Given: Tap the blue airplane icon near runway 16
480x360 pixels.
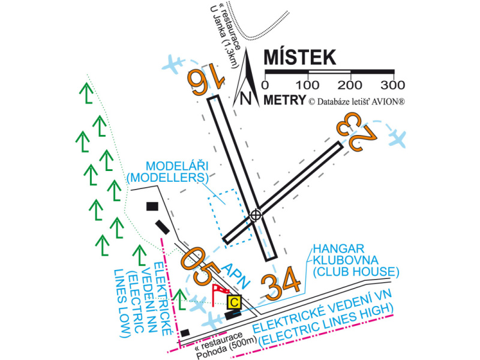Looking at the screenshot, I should click(174, 62).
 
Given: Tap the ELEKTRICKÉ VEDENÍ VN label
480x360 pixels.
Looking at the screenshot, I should click(324, 321).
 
